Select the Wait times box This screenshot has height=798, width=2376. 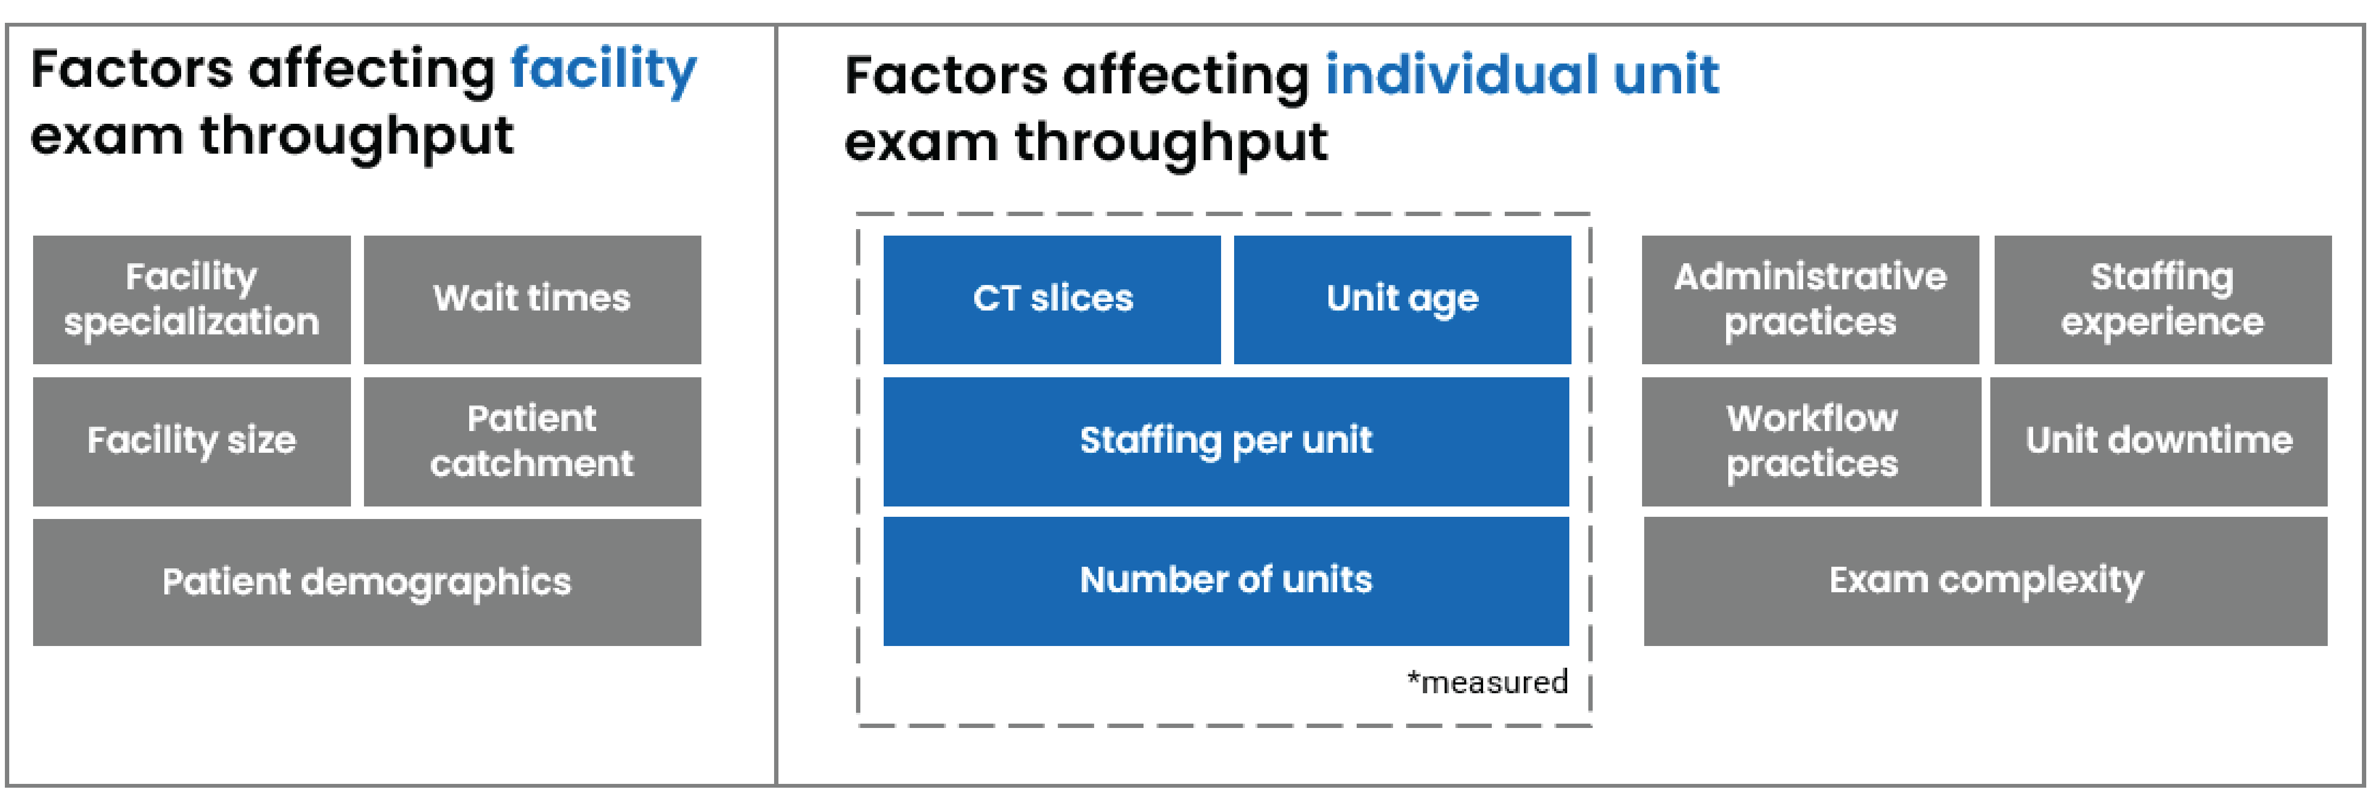point(532,299)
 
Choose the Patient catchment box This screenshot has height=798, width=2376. point(532,441)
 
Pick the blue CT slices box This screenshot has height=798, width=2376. point(1051,299)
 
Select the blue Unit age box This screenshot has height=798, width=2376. point(1402,299)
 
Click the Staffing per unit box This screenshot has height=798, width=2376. point(1226,441)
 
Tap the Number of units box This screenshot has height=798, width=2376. point(1226,580)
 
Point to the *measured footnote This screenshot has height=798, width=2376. point(1487,683)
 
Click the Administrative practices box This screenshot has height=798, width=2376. point(1810,299)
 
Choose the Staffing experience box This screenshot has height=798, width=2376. point(2162,299)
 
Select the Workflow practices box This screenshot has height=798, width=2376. point(1811,441)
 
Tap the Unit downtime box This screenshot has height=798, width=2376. point(2158,441)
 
